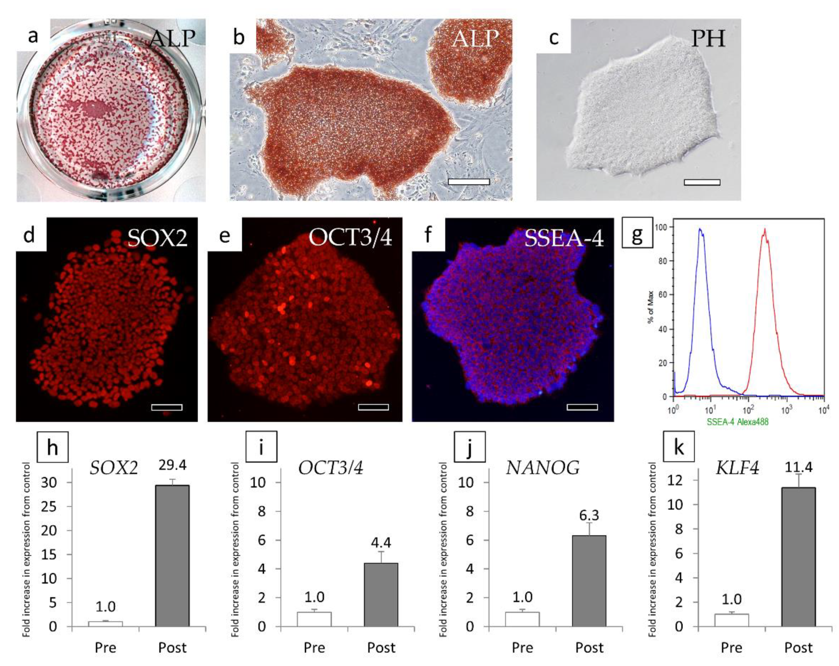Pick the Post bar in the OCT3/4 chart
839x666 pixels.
click(x=381, y=595)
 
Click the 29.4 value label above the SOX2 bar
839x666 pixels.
click(x=172, y=465)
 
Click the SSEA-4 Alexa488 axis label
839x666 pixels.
click(x=737, y=421)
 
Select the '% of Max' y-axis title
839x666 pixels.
click(x=650, y=307)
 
